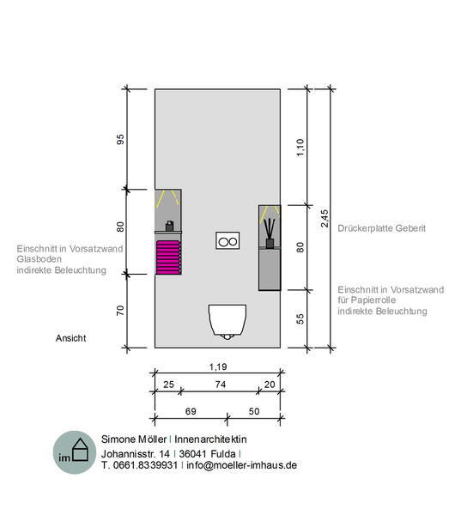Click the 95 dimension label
click(x=120, y=139)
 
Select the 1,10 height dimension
click(x=300, y=148)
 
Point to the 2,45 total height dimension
click(x=324, y=218)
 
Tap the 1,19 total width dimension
click(x=218, y=367)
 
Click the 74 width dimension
click(x=221, y=385)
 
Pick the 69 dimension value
click(x=191, y=411)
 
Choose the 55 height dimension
click(x=300, y=319)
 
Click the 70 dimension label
click(x=120, y=311)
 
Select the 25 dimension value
click(x=168, y=385)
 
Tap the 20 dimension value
click(x=270, y=385)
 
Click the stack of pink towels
click(x=168, y=257)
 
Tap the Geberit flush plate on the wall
click(x=227, y=240)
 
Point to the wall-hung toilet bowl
click(x=227, y=321)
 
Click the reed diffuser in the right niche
click(x=270, y=233)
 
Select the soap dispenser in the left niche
click(x=169, y=226)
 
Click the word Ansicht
click(x=70, y=338)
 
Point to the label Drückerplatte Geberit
click(x=382, y=228)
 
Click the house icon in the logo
click(x=80, y=449)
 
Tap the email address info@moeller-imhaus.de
click(x=242, y=465)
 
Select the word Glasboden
click(x=39, y=259)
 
